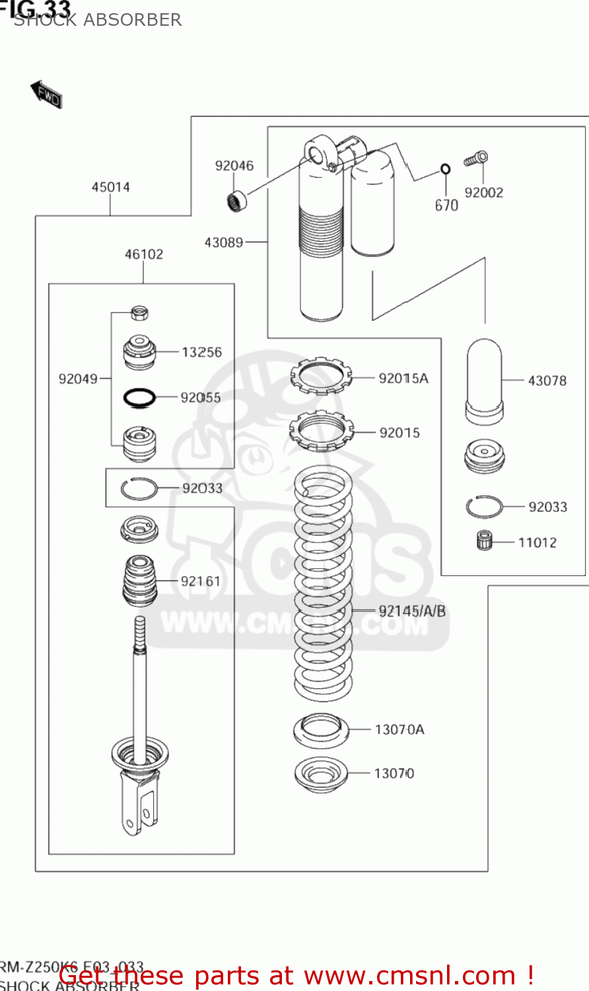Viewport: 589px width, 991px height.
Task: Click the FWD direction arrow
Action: [x=46, y=94]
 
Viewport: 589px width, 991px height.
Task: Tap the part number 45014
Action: [x=110, y=188]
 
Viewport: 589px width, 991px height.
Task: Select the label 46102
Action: [x=144, y=254]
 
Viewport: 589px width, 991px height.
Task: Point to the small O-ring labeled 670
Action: [x=446, y=170]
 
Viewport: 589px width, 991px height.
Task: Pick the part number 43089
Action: [x=224, y=242]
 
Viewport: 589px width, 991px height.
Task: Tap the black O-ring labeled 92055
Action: [x=140, y=397]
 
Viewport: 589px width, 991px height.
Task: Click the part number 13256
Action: [x=201, y=352]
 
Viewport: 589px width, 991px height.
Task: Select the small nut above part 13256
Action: [x=139, y=312]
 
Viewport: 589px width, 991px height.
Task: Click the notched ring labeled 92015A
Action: [x=322, y=377]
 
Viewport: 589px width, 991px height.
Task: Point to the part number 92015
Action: [x=399, y=433]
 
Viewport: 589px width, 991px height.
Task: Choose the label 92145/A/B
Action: [x=412, y=611]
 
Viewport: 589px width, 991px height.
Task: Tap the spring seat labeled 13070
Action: [x=321, y=774]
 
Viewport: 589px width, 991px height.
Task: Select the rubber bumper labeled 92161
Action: [x=140, y=581]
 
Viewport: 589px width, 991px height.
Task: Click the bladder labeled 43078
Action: [x=485, y=381]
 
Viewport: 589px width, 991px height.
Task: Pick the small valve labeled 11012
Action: [x=485, y=541]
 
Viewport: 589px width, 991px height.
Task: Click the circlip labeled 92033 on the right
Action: [x=484, y=507]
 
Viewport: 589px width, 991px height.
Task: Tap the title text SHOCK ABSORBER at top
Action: [x=98, y=20]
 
